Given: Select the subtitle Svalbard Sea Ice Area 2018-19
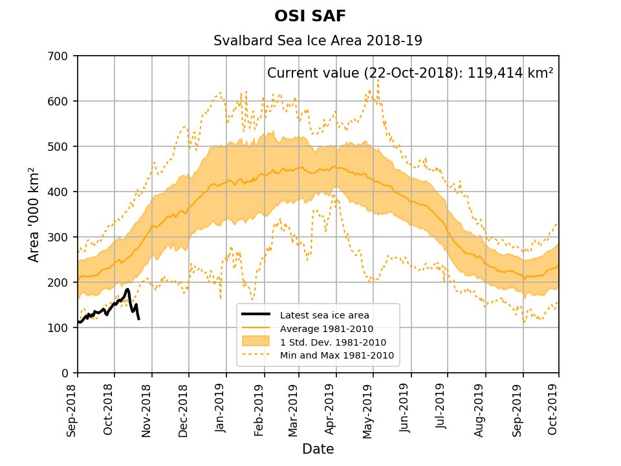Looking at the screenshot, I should pyautogui.click(x=318, y=41).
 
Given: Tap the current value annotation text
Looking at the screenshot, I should pyautogui.click(x=410, y=72).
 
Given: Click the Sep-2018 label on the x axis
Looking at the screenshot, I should pyautogui.click(x=72, y=410).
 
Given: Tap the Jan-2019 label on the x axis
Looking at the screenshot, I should pyautogui.click(x=221, y=410).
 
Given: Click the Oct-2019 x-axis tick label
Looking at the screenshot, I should pyautogui.click(x=554, y=410).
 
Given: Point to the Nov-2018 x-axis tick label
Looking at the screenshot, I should pyautogui.click(x=146, y=410).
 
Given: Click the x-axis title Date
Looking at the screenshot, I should pyautogui.click(x=318, y=449).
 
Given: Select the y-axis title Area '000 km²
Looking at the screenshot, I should pyautogui.click(x=34, y=214).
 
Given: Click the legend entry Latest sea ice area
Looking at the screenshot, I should pyautogui.click(x=324, y=315).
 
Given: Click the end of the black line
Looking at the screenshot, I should pyautogui.click(x=138, y=318).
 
